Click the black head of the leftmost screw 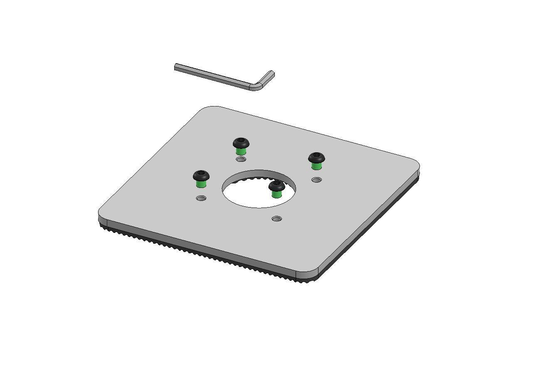(201, 176)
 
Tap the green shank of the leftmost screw (201, 183)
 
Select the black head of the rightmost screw (316, 158)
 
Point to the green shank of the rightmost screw (316, 166)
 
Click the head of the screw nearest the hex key (241, 143)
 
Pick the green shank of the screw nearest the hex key (241, 151)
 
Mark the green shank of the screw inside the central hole (276, 193)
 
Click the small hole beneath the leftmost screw (201, 198)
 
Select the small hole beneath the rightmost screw (317, 180)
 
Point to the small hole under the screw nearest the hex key (241, 159)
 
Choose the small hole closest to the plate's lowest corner (276, 219)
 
